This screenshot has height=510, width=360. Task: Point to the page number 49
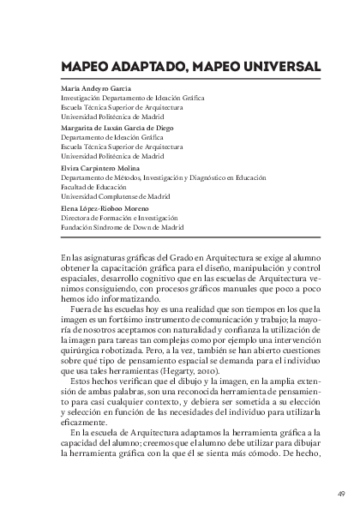[341, 492]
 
